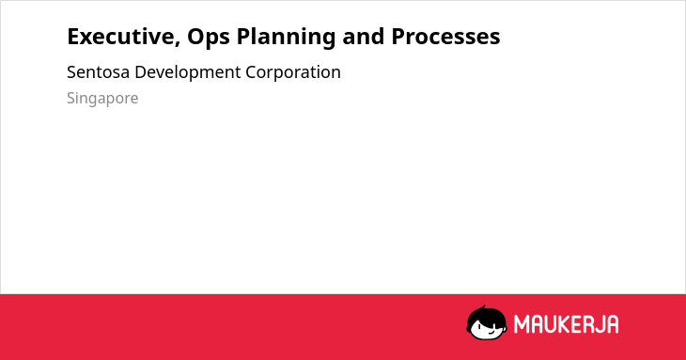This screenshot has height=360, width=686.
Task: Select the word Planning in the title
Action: pyautogui.click(x=286, y=38)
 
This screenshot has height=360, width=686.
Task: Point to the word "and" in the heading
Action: pyautogui.click(x=363, y=37)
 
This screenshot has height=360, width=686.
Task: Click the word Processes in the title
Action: pyautogui.click(x=445, y=37)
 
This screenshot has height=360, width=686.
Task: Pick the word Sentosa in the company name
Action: pyautogui.click(x=98, y=72)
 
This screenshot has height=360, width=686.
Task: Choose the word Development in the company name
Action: pyautogui.click(x=188, y=73)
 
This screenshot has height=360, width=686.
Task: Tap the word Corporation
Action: pyautogui.click(x=292, y=73)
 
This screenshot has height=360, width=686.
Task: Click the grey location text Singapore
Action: pyautogui.click(x=102, y=99)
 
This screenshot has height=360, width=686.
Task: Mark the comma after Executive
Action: pyautogui.click(x=178, y=43)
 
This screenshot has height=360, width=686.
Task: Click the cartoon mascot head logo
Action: pyautogui.click(x=487, y=322)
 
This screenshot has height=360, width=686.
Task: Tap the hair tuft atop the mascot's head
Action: pyautogui.click(x=483, y=307)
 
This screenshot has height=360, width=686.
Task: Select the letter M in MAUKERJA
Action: pyautogui.click(x=522, y=324)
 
